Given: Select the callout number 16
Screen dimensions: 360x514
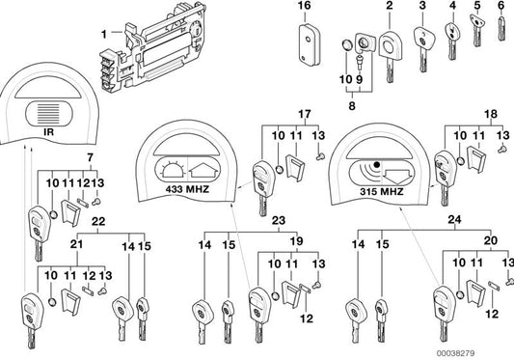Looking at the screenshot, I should click(306, 8).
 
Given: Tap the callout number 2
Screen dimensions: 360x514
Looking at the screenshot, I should click(389, 8).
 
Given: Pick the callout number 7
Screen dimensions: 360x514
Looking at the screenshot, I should click(90, 157).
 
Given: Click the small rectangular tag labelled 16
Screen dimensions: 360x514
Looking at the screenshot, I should click(307, 41).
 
